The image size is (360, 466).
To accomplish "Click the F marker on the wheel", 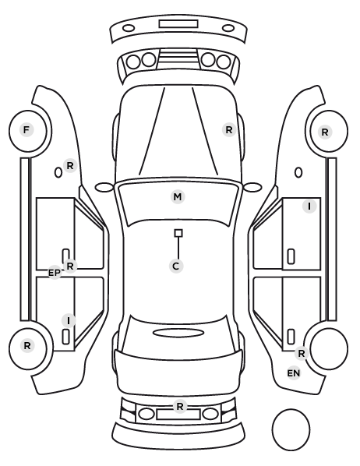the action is tap(26, 130).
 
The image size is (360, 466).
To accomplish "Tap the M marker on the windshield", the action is tap(178, 196).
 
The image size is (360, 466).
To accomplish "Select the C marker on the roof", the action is tap(176, 266).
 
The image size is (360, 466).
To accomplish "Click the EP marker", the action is tap(55, 273).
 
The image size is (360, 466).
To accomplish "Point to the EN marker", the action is tap(294, 373).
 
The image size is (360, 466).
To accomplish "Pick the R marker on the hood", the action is tap(229, 130).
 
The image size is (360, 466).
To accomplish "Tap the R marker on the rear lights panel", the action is tap(179, 406).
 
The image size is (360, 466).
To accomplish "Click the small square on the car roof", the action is tap(178, 233).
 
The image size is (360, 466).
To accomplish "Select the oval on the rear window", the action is tap(178, 333).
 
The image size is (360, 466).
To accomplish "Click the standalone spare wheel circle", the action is tap(291, 429).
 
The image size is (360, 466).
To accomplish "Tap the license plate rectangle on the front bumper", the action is tap(178, 24).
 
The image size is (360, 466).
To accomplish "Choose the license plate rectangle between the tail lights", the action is tap(178, 415).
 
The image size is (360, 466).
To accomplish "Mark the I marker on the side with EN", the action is tap(309, 206).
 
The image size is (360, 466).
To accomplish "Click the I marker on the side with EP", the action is tap(69, 321).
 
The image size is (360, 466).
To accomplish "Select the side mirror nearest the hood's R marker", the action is tap(252, 187).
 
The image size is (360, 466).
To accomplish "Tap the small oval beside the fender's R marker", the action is tap(58, 172).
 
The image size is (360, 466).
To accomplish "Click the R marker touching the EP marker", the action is tap(70, 267).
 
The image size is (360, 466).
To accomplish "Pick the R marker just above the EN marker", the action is tap(302, 354).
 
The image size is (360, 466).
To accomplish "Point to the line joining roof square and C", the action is tap(178, 248).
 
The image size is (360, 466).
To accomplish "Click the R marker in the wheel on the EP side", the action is tap(27, 346).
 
